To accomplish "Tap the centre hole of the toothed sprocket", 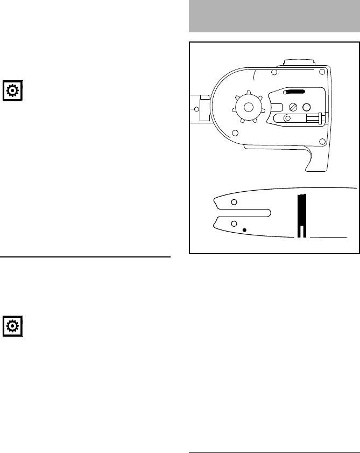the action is pyautogui.click(x=248, y=107).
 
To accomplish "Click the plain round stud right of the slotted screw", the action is pyautogui.click(x=307, y=107).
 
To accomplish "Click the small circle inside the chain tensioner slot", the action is pyautogui.click(x=288, y=118).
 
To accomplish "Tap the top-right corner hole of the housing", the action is pyautogui.click(x=322, y=72).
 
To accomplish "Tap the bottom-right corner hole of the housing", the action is pyautogui.click(x=322, y=142).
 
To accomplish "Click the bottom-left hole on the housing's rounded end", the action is pyautogui.click(x=235, y=133).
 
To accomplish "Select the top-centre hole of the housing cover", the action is pyautogui.click(x=274, y=72).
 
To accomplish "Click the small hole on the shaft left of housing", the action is pyautogui.click(x=196, y=109).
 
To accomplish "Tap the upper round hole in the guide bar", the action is pyautogui.click(x=234, y=202).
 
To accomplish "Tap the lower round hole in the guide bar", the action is pyautogui.click(x=234, y=223).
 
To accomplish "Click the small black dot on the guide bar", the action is pyautogui.click(x=244, y=231).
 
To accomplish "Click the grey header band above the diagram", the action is pyautogui.click(x=274, y=16).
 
